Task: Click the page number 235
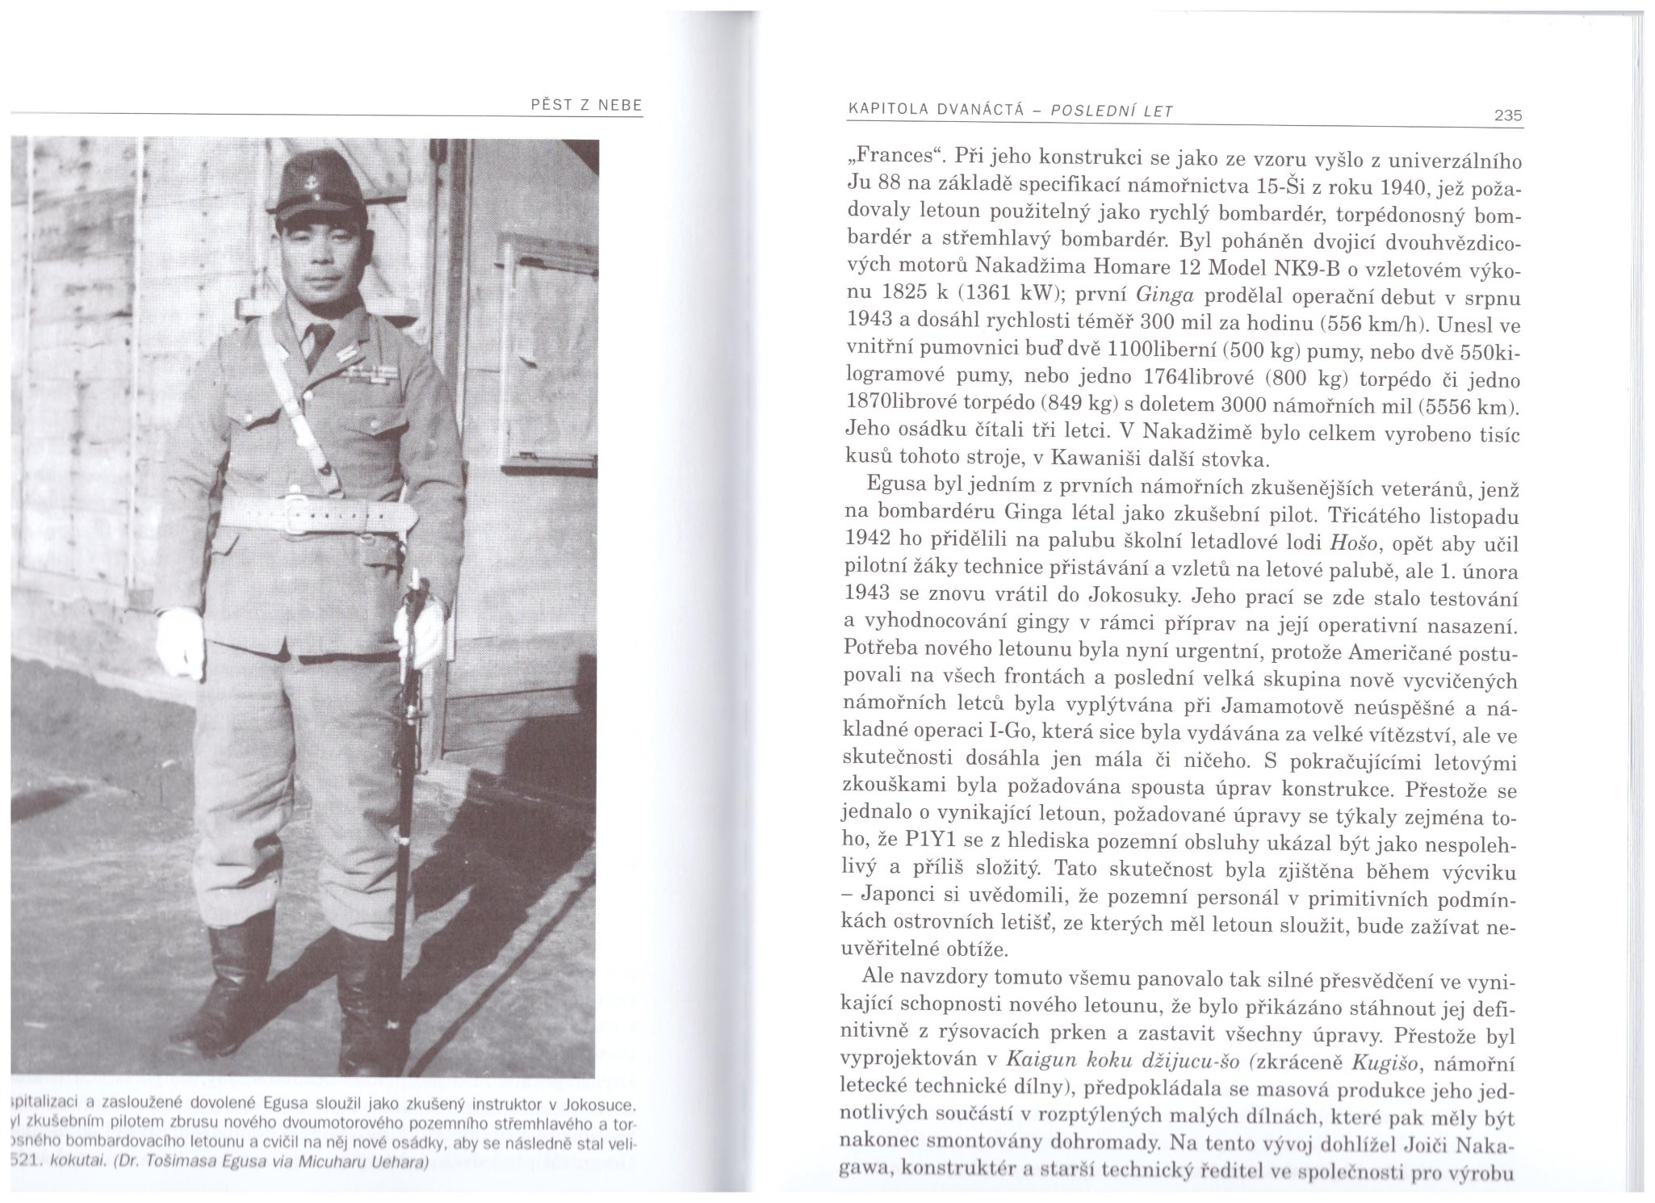pos(1507,116)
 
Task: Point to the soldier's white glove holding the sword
pos(421,635)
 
